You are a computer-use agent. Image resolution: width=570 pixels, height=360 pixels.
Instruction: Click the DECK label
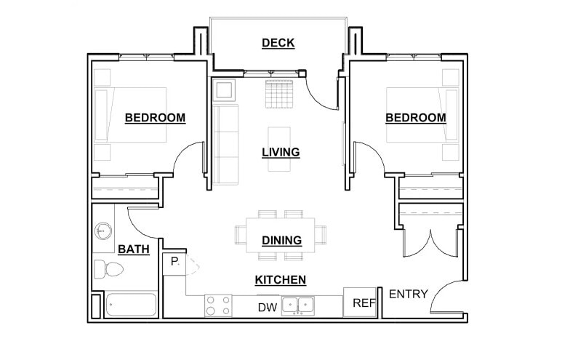click(x=278, y=43)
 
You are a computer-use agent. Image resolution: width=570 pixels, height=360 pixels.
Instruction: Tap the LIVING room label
click(x=281, y=152)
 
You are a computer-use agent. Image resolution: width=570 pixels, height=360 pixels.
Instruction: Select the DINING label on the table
click(x=281, y=241)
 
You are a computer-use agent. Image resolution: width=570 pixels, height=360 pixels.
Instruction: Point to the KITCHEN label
click(x=280, y=280)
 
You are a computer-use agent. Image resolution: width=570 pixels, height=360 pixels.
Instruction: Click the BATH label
click(x=133, y=249)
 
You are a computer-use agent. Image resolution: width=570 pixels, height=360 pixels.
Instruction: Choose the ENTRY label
click(x=408, y=294)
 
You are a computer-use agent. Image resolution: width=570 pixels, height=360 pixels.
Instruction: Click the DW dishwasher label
click(x=267, y=308)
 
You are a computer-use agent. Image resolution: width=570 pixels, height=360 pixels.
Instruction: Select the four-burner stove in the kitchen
click(x=218, y=305)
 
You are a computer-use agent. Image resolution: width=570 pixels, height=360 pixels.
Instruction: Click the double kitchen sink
click(x=298, y=306)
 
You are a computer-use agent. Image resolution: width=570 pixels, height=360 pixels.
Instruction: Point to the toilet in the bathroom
click(x=109, y=270)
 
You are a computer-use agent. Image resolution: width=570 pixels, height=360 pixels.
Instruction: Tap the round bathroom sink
click(x=104, y=231)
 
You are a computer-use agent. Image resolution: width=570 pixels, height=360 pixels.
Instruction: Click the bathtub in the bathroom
click(x=131, y=305)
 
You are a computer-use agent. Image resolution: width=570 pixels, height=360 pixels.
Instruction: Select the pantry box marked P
click(x=174, y=261)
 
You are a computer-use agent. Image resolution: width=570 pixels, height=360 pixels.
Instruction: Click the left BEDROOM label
click(x=155, y=117)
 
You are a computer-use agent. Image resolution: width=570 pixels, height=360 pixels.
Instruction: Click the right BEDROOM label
click(x=415, y=117)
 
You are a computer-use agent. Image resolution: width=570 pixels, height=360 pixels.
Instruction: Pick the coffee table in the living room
click(x=279, y=149)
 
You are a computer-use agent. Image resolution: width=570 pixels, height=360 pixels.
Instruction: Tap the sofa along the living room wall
click(x=225, y=143)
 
